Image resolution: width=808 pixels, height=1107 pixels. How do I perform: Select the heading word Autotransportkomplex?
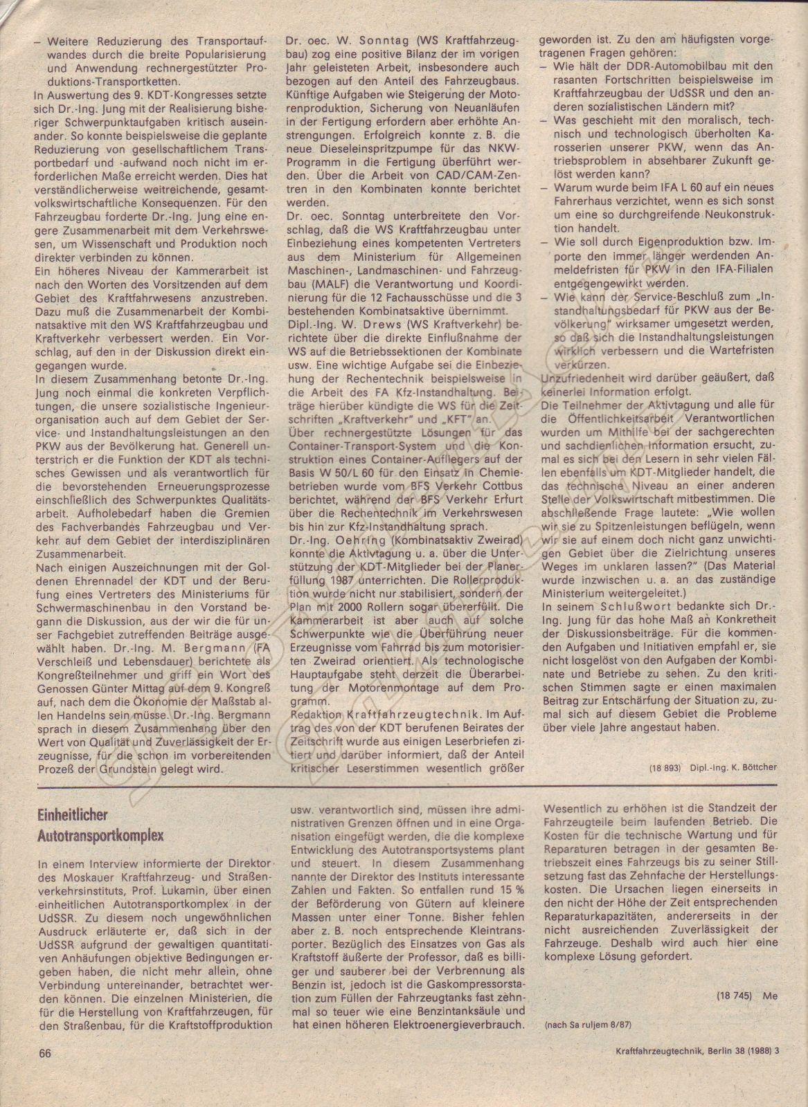[101, 835]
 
